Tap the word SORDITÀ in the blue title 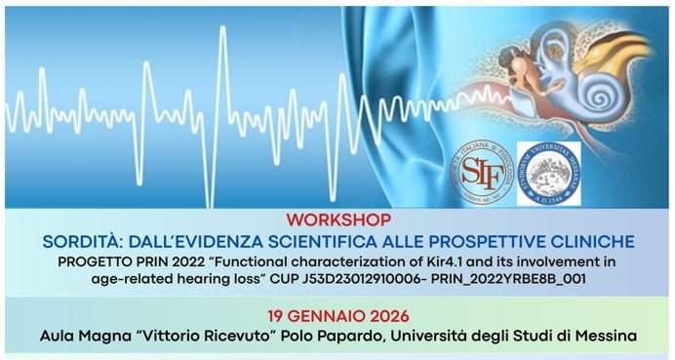point(82,239)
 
